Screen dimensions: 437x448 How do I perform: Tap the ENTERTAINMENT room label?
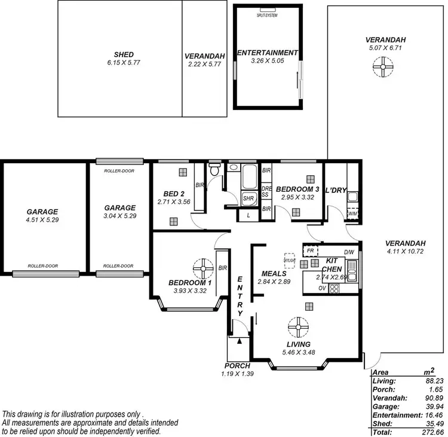coord(267,53)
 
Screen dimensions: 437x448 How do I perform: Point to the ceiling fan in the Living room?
coord(297,326)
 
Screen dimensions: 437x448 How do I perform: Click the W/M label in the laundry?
coord(352,213)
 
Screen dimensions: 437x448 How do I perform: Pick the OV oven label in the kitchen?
coord(322,288)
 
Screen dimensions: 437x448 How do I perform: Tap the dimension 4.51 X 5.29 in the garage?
coord(42,220)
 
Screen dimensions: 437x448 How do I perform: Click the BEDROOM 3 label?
coord(297,189)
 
